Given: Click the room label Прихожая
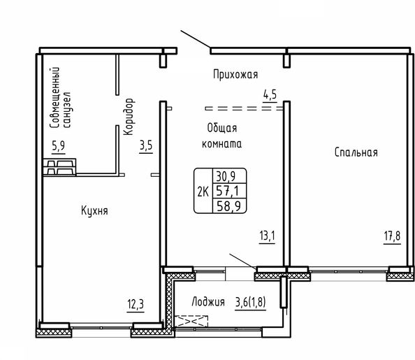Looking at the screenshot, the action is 235,74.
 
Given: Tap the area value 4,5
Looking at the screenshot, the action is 270,94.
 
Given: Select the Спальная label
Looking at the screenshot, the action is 356,152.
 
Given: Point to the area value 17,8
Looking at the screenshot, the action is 392,236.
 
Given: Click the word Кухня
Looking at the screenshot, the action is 94,211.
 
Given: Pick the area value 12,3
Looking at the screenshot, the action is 136,304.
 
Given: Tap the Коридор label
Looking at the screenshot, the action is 129,117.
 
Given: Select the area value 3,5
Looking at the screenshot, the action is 146,145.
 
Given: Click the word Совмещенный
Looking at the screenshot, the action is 54,98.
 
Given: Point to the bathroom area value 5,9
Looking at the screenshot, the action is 59,145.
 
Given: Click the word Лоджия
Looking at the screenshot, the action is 208,302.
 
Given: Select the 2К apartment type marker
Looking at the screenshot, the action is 203,192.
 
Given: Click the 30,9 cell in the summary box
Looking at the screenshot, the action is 226,176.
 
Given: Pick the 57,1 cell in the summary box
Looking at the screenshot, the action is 227,190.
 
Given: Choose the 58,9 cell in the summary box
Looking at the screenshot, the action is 228,206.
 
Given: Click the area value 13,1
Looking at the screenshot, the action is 267,236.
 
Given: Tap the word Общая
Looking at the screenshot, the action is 221,128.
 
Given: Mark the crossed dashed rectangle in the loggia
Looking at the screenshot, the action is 191,322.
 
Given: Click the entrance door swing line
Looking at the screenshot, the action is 196,39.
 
